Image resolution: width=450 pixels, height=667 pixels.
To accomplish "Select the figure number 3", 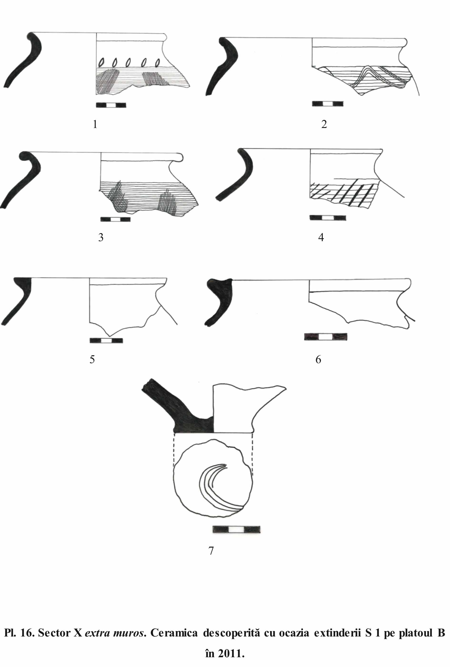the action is coord(101,237).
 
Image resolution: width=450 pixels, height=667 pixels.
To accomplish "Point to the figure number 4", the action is coord(321,237).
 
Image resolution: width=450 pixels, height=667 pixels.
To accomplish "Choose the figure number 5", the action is coord(92,359).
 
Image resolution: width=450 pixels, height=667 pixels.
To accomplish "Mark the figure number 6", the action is coord(318,359).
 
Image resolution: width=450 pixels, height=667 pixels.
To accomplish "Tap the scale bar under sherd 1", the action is coord(111,105).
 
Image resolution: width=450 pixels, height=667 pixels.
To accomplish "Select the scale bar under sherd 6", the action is coord(326,337).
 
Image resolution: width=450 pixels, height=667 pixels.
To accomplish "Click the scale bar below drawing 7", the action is coord(237,530).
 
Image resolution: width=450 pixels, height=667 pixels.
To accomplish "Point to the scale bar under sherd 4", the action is coord(328,218).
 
